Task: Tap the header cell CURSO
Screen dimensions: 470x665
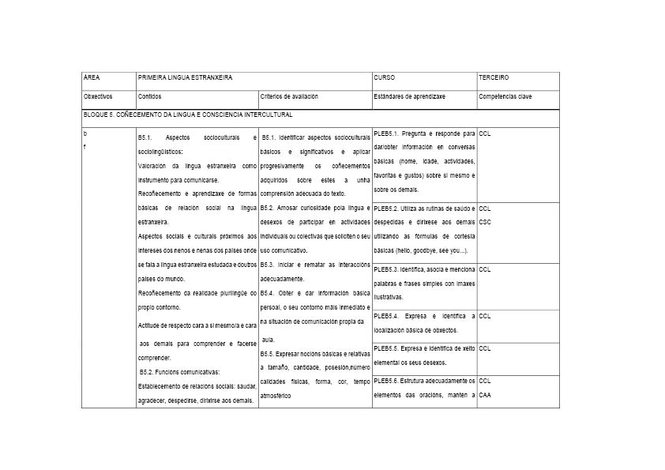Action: [x=384, y=78]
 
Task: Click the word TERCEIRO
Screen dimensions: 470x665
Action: [x=494, y=78]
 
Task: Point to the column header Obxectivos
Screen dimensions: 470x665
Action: [x=98, y=96]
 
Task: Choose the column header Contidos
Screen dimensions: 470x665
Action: [x=149, y=96]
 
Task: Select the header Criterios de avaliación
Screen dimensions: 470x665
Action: [x=289, y=96]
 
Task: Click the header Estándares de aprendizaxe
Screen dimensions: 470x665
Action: [x=409, y=96]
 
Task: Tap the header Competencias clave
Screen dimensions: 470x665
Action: [x=504, y=96]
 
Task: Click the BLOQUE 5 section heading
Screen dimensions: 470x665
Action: [x=187, y=115]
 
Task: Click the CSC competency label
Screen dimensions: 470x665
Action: [x=485, y=222]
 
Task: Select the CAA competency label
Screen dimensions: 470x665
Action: [x=485, y=394]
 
